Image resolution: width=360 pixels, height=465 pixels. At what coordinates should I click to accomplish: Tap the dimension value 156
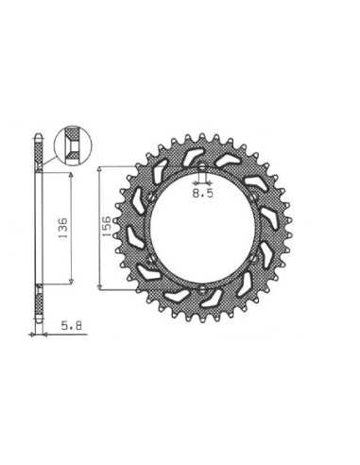click(107, 226)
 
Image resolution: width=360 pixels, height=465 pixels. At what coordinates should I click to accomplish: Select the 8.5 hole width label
click(203, 193)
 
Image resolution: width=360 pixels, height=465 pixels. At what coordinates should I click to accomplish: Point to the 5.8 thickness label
click(72, 325)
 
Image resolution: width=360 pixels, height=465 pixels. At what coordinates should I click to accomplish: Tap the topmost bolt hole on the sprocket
click(202, 168)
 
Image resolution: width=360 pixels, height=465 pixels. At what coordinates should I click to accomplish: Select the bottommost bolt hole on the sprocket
click(202, 288)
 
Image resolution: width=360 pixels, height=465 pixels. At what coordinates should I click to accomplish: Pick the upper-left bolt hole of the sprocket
click(151, 198)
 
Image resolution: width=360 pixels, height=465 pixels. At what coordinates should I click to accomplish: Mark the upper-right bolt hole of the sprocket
click(254, 198)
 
